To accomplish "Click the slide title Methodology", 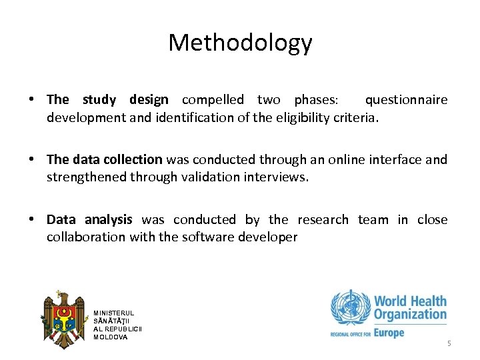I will [240, 43].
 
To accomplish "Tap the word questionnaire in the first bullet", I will [406, 100].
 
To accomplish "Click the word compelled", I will [213, 100].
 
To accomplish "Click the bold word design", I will [149, 100].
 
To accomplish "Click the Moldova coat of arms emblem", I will [63, 319].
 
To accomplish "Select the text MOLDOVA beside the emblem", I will [111, 337].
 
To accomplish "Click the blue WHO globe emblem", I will [349, 308].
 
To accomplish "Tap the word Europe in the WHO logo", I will [389, 332].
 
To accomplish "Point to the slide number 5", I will [449, 343].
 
